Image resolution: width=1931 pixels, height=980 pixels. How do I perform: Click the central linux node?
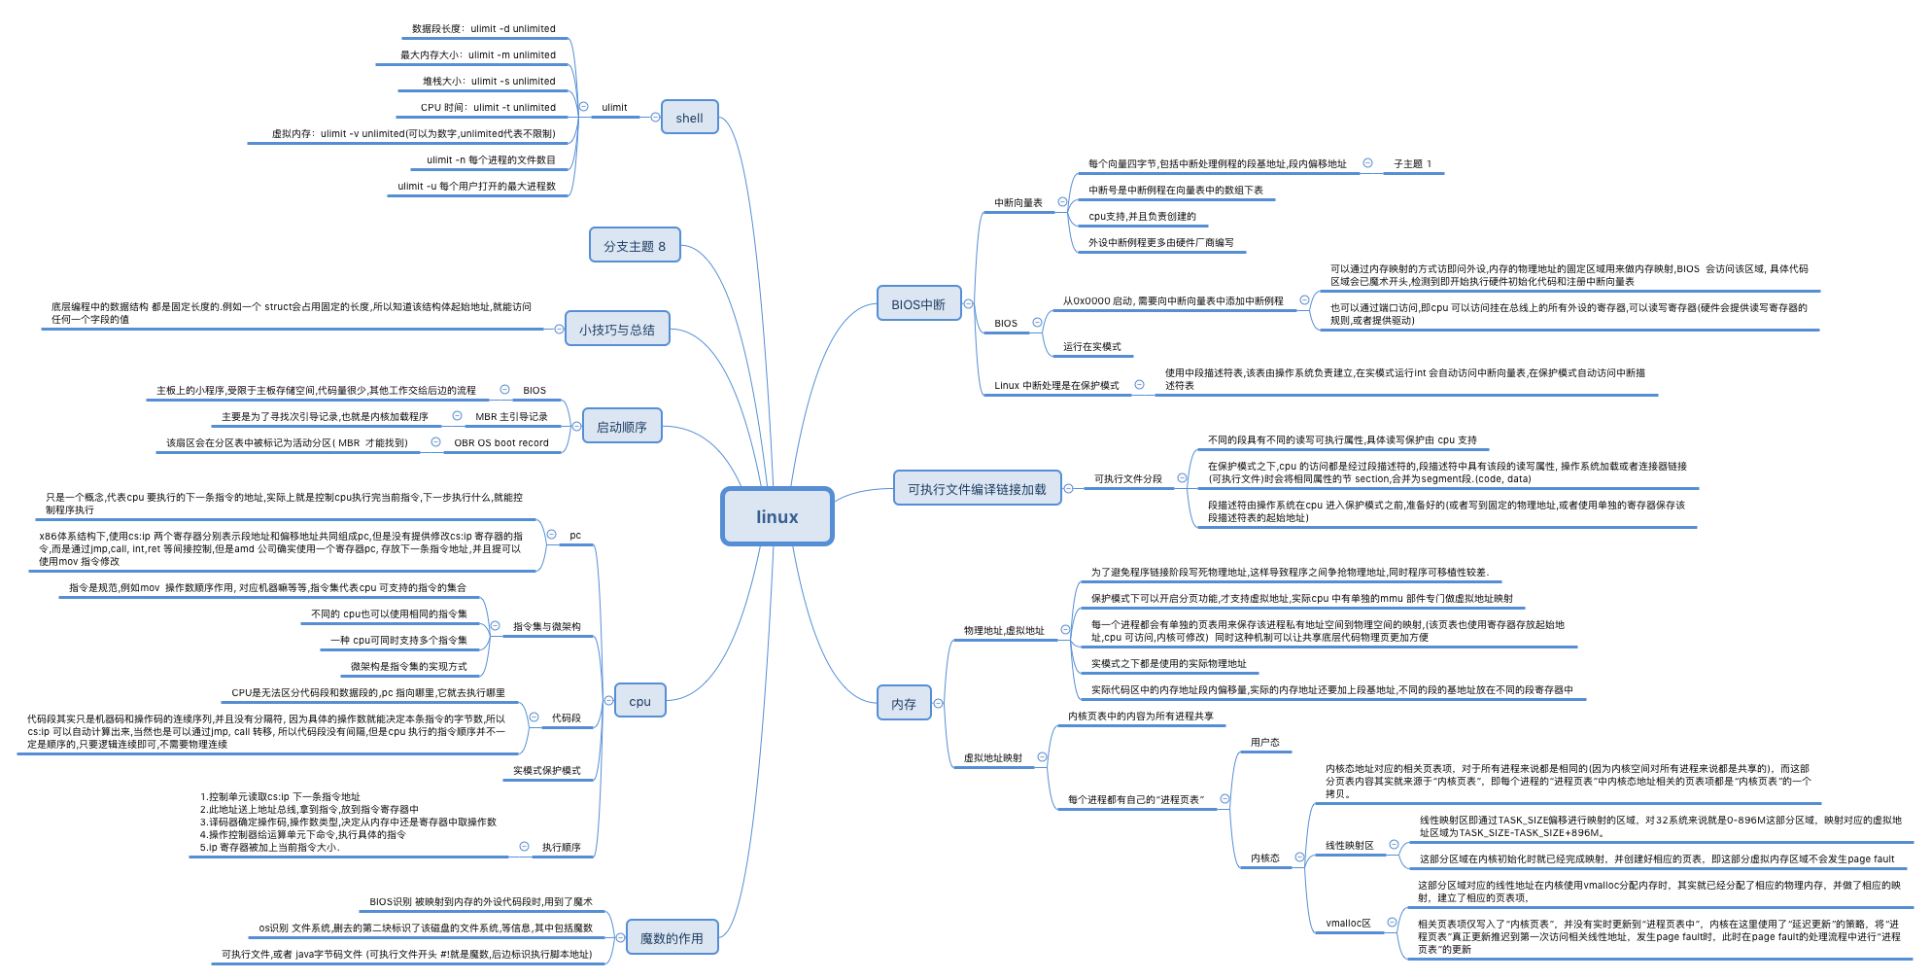(776, 516)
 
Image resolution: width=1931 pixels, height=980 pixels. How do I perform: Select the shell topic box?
(689, 118)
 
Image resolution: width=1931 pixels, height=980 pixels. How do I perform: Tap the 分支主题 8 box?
(635, 246)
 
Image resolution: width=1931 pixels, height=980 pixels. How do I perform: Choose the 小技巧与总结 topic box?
(617, 330)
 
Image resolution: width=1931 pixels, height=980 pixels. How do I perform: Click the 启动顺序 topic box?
(622, 427)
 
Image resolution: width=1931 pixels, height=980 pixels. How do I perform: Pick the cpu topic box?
(639, 701)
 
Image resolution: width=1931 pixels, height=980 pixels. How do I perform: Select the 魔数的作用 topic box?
(672, 938)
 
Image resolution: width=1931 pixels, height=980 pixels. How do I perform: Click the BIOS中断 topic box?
(918, 304)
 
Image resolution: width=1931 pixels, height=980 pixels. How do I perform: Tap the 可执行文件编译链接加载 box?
(977, 489)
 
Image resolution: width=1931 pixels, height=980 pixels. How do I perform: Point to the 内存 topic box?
(904, 704)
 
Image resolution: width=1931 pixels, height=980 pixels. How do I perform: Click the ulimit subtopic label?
(614, 108)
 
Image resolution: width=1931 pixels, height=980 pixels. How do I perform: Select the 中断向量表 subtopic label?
(1017, 203)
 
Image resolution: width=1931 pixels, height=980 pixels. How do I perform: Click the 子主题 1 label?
(1412, 164)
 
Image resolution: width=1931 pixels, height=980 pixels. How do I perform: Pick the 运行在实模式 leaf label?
(1091, 347)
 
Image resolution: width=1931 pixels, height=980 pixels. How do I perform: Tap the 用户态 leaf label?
(1264, 743)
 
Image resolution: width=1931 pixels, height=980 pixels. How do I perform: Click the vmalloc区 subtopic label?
(1348, 924)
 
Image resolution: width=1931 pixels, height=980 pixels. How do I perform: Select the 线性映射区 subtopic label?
(1350, 846)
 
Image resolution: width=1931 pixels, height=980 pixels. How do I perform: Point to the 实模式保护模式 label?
(547, 771)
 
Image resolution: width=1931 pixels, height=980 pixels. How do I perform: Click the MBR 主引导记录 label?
(511, 417)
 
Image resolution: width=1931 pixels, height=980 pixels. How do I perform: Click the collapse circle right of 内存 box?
(938, 703)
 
